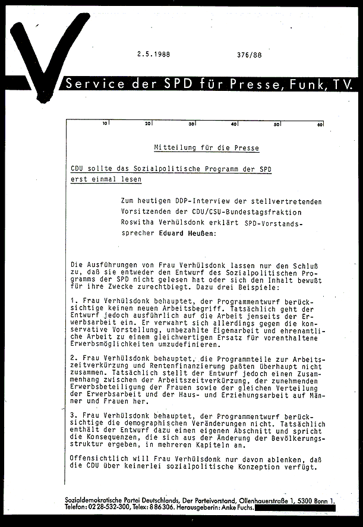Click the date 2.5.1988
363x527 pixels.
[153, 53]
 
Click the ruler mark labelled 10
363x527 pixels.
[105, 124]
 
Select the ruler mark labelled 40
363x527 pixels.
[234, 124]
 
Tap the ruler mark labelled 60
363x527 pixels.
[320, 124]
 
